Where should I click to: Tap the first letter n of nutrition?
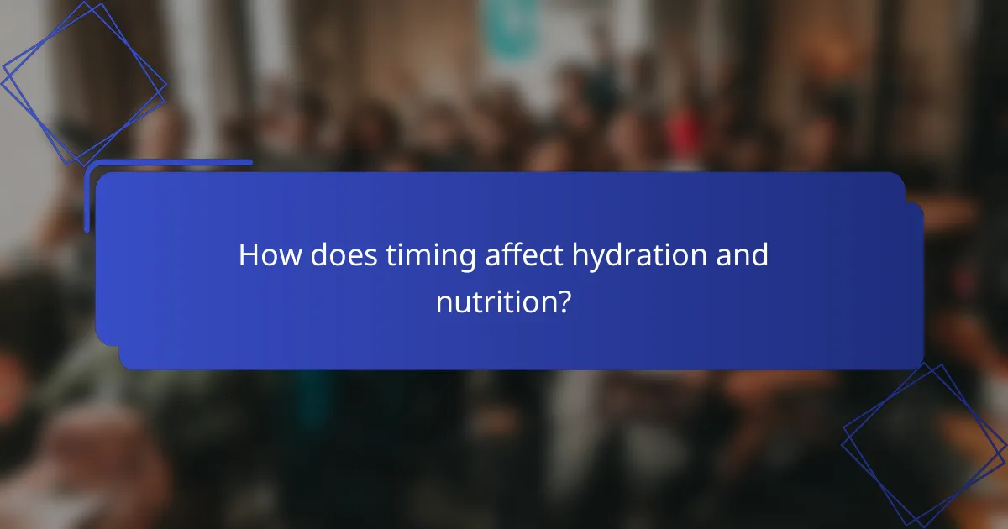[x=444, y=303]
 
